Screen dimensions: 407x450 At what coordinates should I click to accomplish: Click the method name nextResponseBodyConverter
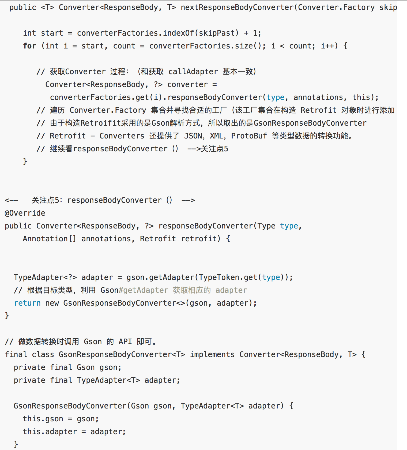point(237,7)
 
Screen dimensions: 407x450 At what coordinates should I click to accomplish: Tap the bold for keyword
point(29,46)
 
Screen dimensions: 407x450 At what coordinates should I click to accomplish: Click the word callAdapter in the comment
point(193,72)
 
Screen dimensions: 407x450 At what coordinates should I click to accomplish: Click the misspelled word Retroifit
point(101,123)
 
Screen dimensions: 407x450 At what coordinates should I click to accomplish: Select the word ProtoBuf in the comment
point(249,136)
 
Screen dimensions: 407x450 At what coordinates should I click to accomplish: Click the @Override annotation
point(25,213)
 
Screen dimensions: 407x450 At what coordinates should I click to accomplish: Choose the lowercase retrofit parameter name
point(201,239)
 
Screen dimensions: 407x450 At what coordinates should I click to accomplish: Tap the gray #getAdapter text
point(143,290)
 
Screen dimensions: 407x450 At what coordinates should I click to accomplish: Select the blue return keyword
point(27,303)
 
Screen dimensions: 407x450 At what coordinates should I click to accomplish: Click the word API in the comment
point(125,342)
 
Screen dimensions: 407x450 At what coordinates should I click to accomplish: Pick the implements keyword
point(212,354)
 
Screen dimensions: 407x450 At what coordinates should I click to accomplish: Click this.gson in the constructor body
point(43,419)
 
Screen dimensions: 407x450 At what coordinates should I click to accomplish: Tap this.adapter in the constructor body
point(50,432)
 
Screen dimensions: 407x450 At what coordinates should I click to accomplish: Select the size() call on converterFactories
point(248,46)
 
